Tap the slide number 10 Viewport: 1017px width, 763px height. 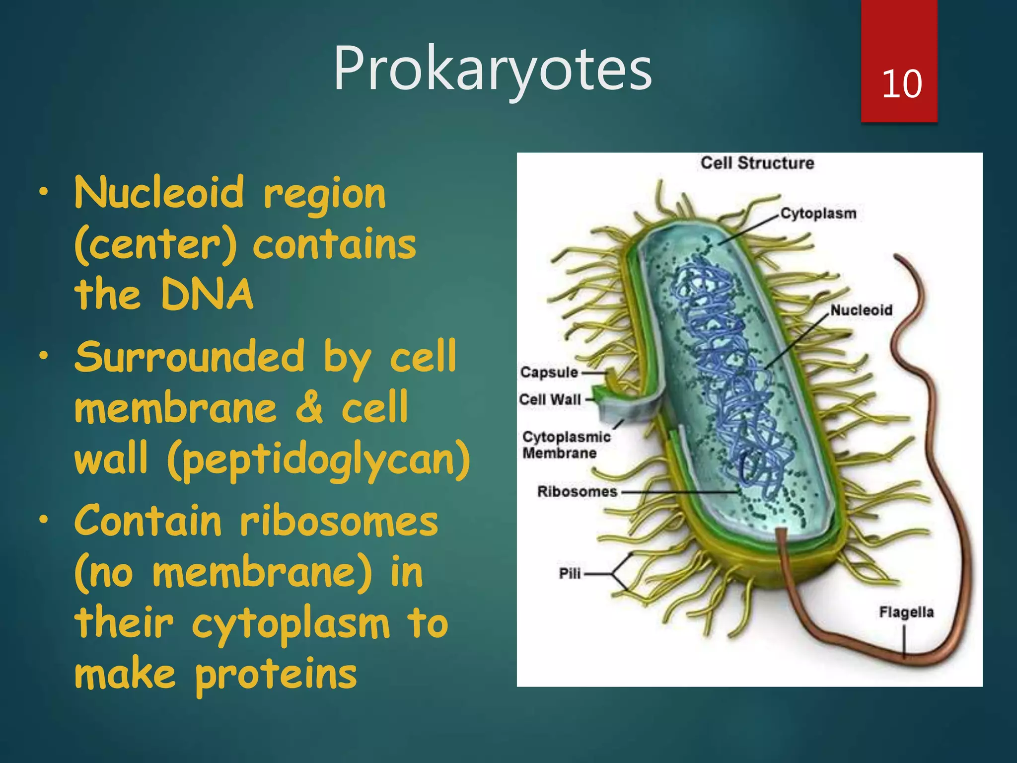pos(901,84)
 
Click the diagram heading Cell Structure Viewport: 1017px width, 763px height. pos(757,163)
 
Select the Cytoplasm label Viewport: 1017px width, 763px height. pos(818,214)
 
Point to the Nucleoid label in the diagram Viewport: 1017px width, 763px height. pos(861,310)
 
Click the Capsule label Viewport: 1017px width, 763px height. pos(549,372)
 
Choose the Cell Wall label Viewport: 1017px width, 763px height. pos(550,399)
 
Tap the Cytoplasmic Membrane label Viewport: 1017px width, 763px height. pos(566,445)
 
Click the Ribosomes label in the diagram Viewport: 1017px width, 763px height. pos(577,491)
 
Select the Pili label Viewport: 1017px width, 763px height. pos(570,573)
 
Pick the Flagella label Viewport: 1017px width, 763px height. pos(906,612)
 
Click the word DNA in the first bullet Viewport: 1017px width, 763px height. pos(207,294)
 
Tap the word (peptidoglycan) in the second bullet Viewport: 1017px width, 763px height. pos(318,458)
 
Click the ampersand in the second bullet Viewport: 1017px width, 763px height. pos(309,407)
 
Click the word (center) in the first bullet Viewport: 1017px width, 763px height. pos(155,244)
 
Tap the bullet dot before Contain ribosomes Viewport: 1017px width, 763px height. pos(44,520)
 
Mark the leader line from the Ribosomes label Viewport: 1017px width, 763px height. pos(680,492)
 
